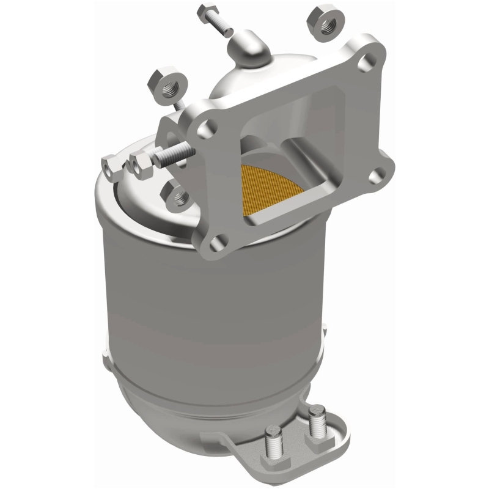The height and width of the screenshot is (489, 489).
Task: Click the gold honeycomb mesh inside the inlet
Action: (x=272, y=189)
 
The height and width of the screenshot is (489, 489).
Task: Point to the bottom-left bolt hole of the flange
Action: (x=215, y=245)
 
